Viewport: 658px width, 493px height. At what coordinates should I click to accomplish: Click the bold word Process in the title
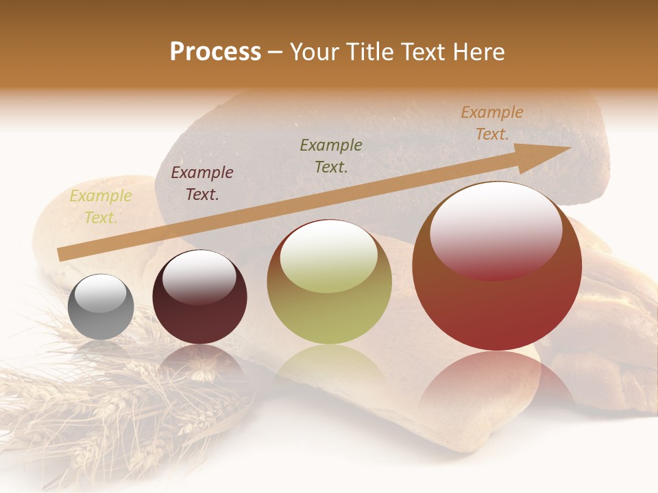click(x=215, y=52)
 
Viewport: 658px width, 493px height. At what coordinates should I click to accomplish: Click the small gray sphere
click(x=101, y=316)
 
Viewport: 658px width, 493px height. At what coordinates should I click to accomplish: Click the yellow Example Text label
click(x=101, y=207)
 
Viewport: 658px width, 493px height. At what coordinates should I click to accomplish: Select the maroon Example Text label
click(x=202, y=184)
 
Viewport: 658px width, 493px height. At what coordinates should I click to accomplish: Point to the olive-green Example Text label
click(x=331, y=155)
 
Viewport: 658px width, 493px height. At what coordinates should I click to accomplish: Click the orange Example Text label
click(x=492, y=123)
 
